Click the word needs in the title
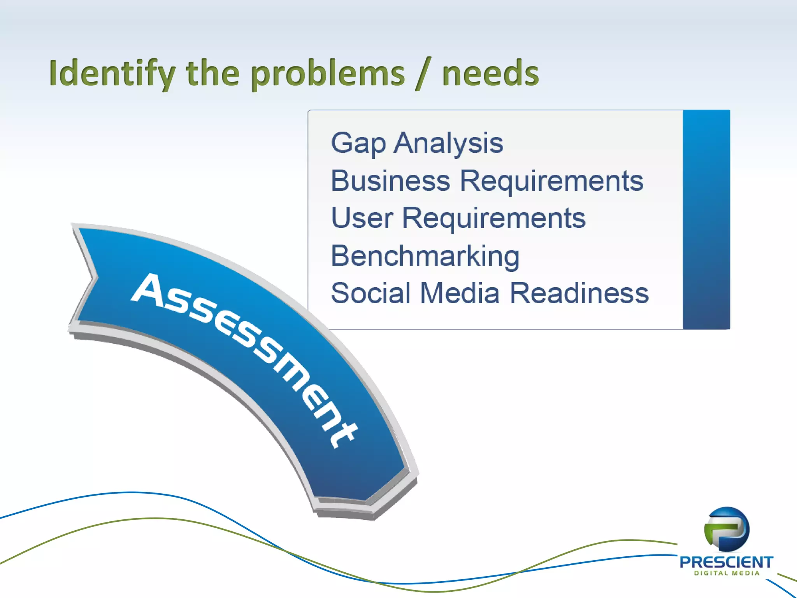490,74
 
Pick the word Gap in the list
358,143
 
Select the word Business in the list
390,181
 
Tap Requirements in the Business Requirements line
551,181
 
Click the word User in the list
362,218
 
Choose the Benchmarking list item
425,256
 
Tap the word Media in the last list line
460,293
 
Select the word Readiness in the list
579,293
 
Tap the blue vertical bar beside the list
706,220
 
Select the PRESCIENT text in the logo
726,562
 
